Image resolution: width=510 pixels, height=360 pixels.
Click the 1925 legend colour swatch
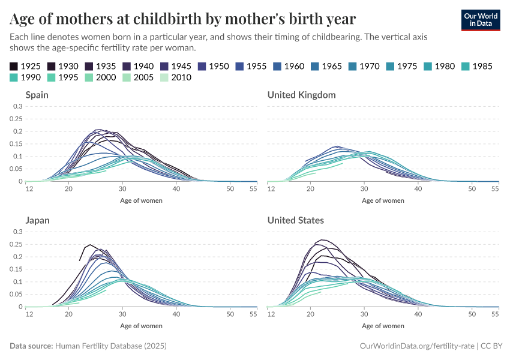[x=14, y=66]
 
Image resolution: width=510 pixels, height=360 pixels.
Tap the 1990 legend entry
[x=25, y=77]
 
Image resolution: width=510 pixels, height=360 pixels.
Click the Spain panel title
[x=37, y=95]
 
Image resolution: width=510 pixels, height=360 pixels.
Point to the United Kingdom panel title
[x=301, y=95]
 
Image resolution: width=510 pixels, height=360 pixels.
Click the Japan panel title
[x=37, y=220]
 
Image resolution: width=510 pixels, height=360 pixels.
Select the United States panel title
[x=295, y=220]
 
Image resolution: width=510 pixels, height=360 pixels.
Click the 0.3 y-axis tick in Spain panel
[x=17, y=106]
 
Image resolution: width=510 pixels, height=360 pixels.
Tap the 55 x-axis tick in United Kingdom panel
[x=495, y=189]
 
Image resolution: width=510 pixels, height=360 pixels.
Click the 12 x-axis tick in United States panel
[x=271, y=314]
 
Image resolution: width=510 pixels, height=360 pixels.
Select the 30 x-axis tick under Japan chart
[x=122, y=314]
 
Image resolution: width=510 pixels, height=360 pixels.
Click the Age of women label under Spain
[x=141, y=200]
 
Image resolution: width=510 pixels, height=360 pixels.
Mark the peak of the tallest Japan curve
[x=90, y=245]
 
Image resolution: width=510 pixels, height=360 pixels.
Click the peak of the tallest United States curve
[x=322, y=240]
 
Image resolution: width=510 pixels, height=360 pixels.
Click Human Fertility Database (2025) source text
[x=110, y=346]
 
